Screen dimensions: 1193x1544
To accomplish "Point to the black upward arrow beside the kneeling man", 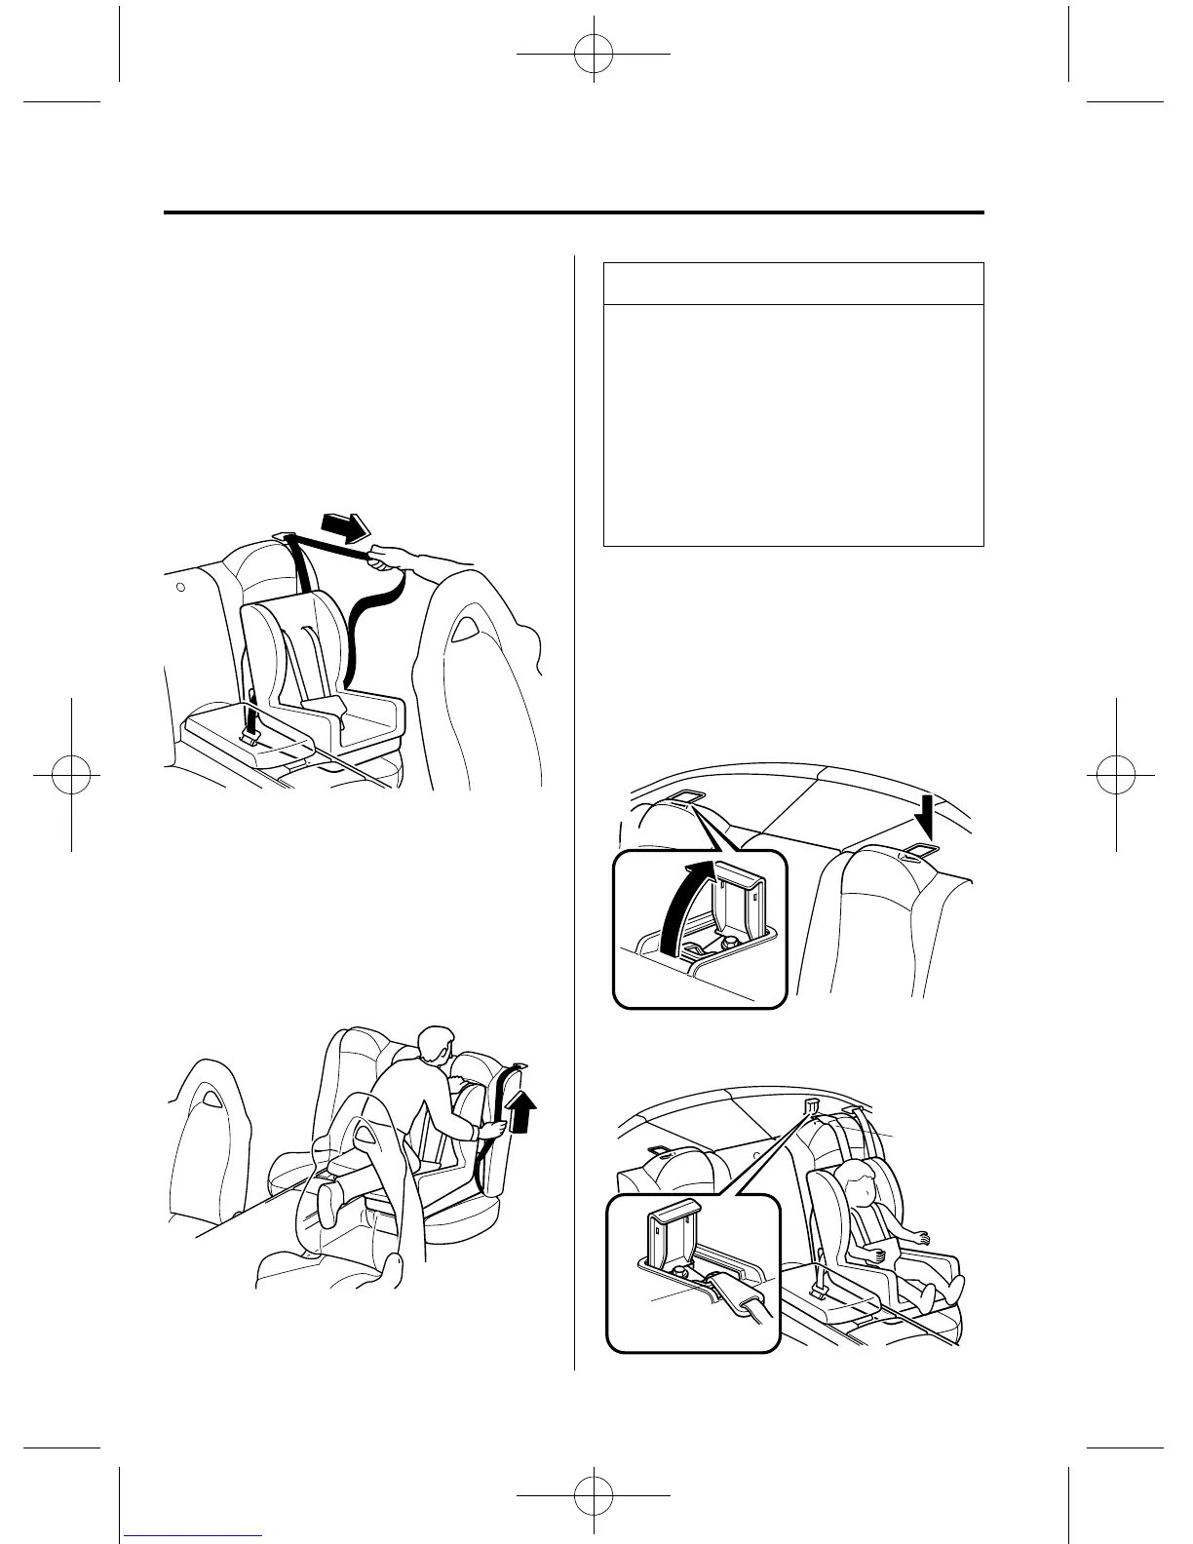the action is click(x=523, y=1112).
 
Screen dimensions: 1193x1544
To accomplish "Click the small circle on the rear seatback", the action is click(x=181, y=589).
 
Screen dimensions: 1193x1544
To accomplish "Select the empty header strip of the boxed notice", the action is click(x=793, y=284).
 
